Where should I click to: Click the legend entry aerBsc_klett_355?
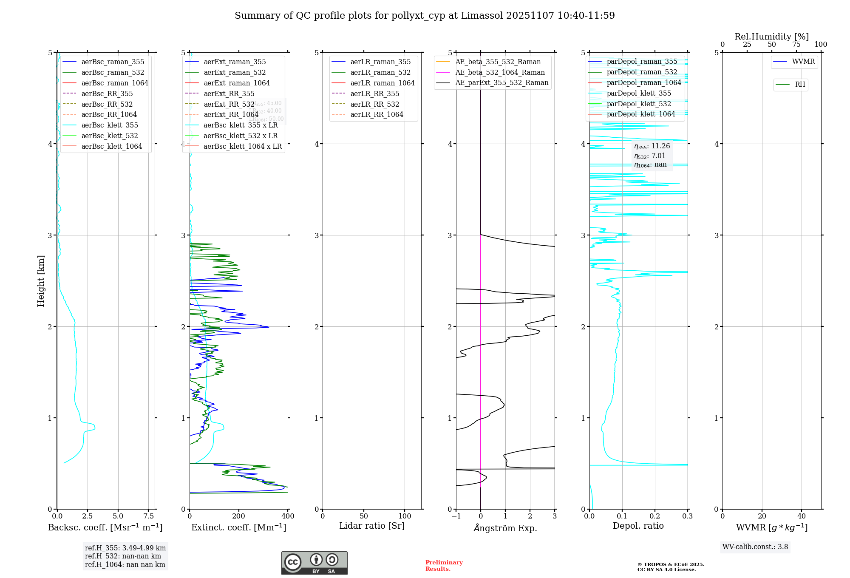tap(110, 125)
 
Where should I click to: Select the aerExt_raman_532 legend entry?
tap(235, 72)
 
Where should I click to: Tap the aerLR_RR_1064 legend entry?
tap(377, 114)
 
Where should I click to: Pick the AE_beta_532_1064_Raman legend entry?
tap(500, 72)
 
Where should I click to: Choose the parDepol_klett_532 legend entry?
tap(639, 104)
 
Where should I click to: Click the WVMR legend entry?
tap(803, 62)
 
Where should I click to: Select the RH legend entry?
tap(800, 85)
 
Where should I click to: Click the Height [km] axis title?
tap(41, 280)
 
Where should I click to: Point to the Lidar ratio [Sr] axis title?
tap(372, 526)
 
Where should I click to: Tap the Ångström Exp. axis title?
tap(505, 528)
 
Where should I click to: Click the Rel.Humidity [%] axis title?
tap(771, 37)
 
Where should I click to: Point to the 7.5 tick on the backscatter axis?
tap(149, 516)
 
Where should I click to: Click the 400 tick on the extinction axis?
tap(288, 516)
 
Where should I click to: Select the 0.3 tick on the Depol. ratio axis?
tap(687, 516)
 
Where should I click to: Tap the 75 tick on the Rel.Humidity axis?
tap(796, 45)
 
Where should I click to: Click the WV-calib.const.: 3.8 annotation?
tap(755, 547)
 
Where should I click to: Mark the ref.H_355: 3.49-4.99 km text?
tap(125, 548)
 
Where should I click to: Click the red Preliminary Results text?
tap(444, 566)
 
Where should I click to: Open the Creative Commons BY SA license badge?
tap(314, 563)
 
